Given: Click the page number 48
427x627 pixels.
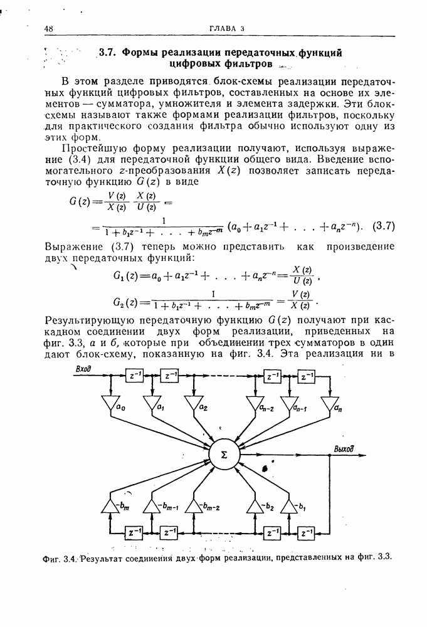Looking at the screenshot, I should pyautogui.click(x=49, y=28).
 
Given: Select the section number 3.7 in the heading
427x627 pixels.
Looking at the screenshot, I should pyautogui.click(x=107, y=53).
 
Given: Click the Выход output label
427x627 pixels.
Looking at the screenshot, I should pyautogui.click(x=344, y=449).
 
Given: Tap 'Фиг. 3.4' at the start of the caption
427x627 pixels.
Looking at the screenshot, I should pyautogui.click(x=59, y=557).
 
